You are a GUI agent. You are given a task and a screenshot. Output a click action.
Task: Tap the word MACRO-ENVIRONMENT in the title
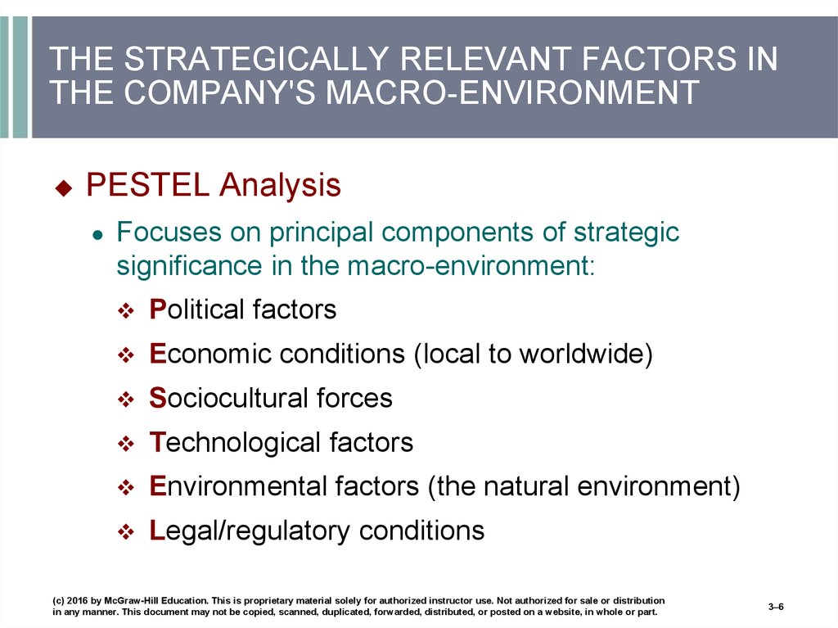512,92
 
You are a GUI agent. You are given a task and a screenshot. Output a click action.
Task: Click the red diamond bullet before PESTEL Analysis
64,187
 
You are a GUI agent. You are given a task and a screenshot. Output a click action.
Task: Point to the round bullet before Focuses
97,235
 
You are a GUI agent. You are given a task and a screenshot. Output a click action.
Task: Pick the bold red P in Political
158,309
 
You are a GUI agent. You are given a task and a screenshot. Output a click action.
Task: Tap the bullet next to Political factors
126,311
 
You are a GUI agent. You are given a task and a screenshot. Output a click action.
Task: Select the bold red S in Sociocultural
158,398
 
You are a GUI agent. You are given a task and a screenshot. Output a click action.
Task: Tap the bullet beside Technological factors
126,444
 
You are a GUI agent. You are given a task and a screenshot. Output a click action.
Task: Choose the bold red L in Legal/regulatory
157,530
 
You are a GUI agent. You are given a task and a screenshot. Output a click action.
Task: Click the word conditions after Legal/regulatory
421,530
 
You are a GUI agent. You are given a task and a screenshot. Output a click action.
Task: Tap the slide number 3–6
776,607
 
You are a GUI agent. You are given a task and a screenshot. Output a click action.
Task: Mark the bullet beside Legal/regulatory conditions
126,531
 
